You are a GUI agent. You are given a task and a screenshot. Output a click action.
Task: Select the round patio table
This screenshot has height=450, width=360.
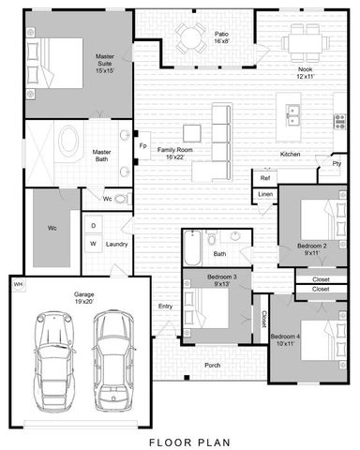(192, 38)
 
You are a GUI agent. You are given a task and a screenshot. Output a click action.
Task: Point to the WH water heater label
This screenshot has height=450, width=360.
(18, 283)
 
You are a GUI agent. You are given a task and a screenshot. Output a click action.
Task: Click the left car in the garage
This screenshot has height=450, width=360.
(55, 358)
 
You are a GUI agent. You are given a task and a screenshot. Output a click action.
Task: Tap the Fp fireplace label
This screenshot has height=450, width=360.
(142, 147)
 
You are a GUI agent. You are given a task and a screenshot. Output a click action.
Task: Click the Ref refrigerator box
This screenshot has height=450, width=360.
(265, 177)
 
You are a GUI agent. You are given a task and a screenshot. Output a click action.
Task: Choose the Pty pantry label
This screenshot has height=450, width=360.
(336, 166)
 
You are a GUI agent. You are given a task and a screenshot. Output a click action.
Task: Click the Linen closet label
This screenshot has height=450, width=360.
(266, 194)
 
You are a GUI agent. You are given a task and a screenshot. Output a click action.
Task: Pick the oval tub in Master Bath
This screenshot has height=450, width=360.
(69, 143)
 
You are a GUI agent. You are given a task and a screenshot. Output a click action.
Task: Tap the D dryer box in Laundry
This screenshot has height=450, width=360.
(94, 226)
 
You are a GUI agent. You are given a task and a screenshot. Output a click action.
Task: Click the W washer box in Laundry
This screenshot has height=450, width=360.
(94, 244)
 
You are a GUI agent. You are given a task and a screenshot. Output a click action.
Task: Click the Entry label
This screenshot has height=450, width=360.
(165, 307)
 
